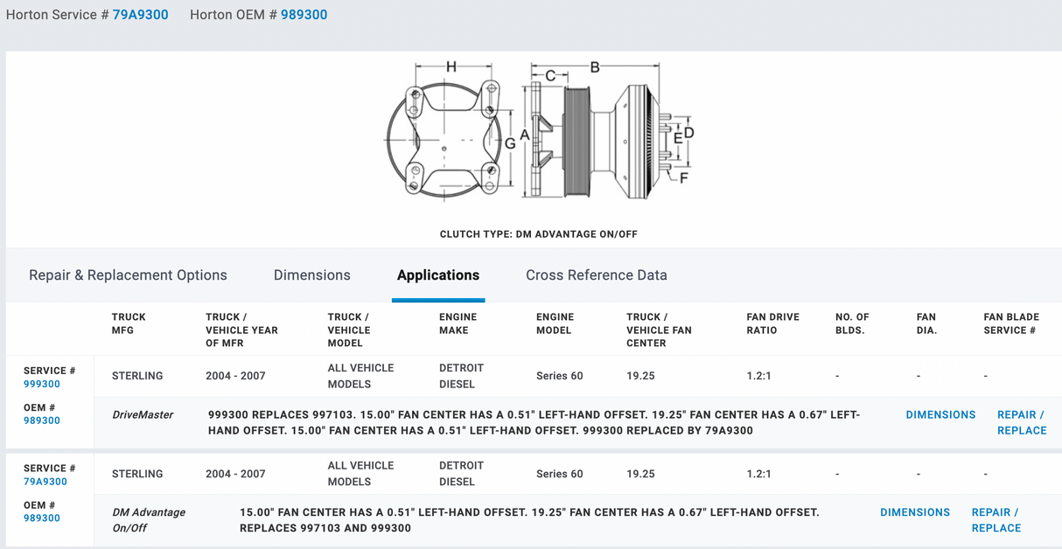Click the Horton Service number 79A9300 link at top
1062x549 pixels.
[x=140, y=15]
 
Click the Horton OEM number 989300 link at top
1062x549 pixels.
[x=304, y=15]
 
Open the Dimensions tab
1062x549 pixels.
[x=311, y=275]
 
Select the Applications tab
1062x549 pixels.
[x=438, y=275]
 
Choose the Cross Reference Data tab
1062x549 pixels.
[x=596, y=275]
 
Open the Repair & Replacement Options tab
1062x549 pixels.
[x=128, y=275]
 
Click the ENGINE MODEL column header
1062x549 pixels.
[x=555, y=323]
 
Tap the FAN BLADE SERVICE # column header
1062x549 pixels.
[x=1010, y=323]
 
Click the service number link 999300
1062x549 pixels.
[x=42, y=384]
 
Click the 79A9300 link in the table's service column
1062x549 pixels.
[x=45, y=482]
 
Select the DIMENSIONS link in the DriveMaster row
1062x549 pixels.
[x=940, y=415]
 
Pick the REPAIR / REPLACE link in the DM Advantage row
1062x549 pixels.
[x=996, y=520]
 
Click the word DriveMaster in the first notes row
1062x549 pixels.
[x=143, y=415]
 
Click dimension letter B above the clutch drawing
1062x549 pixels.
[x=595, y=67]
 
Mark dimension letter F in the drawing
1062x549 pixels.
[x=684, y=178]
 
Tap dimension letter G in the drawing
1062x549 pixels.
[x=510, y=142]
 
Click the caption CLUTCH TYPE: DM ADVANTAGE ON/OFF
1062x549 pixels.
[x=538, y=234]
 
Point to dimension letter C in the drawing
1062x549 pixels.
[x=550, y=76]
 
